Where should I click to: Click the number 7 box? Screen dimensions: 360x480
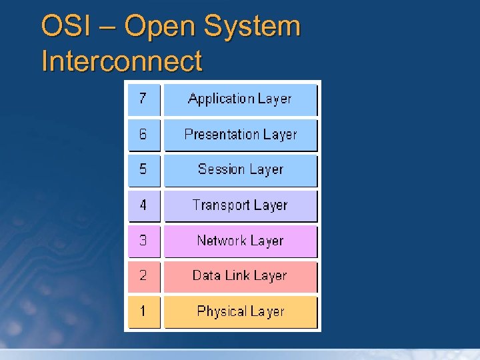(x=144, y=99)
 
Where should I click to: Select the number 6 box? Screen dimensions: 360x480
(x=144, y=135)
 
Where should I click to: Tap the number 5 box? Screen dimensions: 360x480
(x=144, y=170)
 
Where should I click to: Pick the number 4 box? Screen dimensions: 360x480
(x=144, y=205)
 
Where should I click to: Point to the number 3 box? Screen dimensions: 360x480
(x=144, y=241)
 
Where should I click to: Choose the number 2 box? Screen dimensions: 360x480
(x=144, y=276)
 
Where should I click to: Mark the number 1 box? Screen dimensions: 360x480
(x=144, y=311)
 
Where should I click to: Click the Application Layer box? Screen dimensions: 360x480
(x=240, y=99)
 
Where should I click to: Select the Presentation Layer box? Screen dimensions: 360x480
(x=240, y=135)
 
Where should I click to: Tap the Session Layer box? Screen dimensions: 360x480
(x=240, y=170)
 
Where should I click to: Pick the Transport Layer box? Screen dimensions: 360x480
(x=240, y=205)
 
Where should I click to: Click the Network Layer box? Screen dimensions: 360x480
(x=240, y=241)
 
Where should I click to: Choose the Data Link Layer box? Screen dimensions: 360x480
(x=240, y=276)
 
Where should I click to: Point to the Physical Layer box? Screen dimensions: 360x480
(x=240, y=311)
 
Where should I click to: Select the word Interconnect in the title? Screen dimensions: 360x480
(x=121, y=61)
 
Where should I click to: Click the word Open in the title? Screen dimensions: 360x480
(x=161, y=28)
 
